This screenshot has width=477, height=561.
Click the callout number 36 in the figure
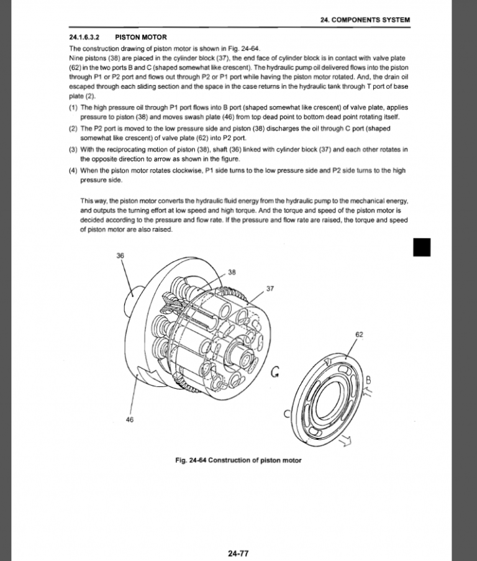click(120, 255)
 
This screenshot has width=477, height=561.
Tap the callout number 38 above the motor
click(232, 272)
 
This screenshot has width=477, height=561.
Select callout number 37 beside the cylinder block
click(270, 289)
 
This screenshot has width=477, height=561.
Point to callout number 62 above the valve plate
click(359, 335)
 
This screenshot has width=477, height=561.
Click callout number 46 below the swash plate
click(130, 419)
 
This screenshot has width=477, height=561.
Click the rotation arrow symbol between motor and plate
click(276, 373)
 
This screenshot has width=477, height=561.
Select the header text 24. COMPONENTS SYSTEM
click(365, 20)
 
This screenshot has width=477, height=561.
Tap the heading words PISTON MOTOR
click(132, 37)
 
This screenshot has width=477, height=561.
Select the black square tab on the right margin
click(422, 247)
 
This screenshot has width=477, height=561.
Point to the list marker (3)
click(73, 149)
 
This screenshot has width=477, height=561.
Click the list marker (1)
click(73, 107)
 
